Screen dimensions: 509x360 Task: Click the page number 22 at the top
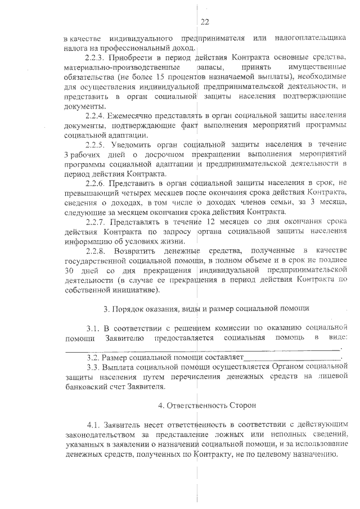pyautogui.click(x=204, y=22)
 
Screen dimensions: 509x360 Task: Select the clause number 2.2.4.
pyautogui.click(x=96, y=115)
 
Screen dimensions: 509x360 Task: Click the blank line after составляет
pyautogui.click(x=292, y=357)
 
